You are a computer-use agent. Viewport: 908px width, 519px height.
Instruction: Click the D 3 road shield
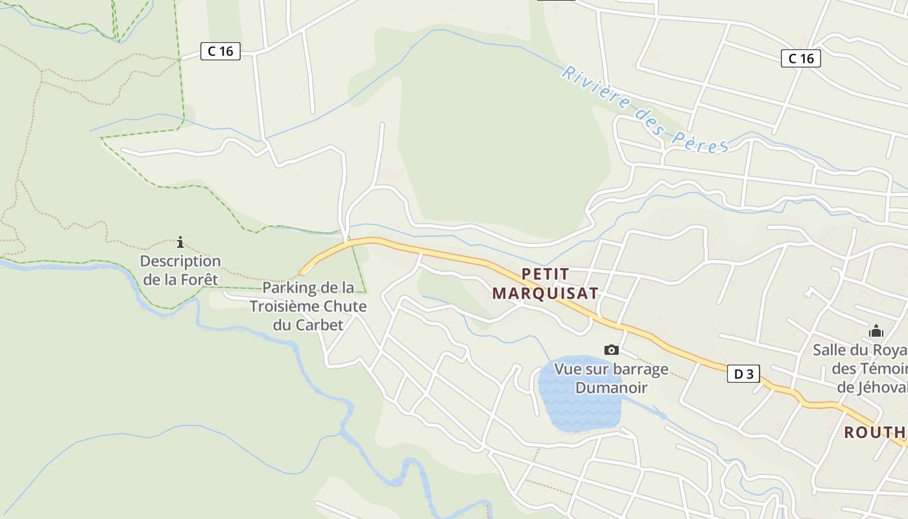743,374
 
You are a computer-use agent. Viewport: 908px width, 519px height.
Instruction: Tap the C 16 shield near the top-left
221,51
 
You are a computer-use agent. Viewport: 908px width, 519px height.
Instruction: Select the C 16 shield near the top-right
800,58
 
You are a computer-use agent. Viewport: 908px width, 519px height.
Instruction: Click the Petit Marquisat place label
545,284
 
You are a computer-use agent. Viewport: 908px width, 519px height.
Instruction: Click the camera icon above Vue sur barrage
611,350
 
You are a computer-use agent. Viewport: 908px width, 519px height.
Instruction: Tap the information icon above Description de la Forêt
180,243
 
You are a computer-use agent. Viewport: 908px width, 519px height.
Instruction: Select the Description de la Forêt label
180,271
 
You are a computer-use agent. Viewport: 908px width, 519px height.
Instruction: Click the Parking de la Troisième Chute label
308,306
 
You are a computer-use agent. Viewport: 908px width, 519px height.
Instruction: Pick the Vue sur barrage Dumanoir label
611,378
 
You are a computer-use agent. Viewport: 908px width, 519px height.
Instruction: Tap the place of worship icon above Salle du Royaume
876,331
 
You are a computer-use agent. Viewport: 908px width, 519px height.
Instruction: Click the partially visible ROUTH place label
875,432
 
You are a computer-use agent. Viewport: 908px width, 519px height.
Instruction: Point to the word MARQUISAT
545,293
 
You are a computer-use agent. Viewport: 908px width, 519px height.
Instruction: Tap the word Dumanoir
611,388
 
